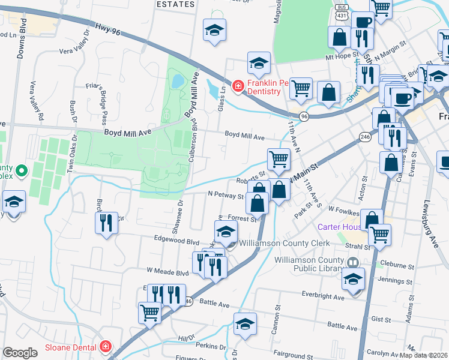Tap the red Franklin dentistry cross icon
[x=238, y=87]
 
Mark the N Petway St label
[x=226, y=196]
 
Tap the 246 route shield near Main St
[x=364, y=137]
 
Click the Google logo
[x=20, y=353]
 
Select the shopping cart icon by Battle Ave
[x=149, y=312]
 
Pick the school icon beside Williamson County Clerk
[x=226, y=231]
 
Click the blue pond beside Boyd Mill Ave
[x=178, y=80]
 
